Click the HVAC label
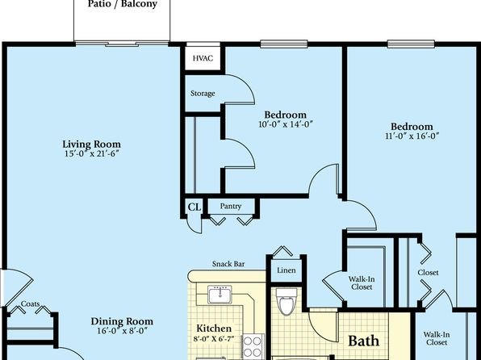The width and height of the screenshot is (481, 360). point(203,58)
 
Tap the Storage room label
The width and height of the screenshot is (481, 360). point(203,94)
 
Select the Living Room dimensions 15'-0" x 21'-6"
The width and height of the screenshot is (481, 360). point(91,153)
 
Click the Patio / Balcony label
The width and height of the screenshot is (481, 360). point(123,4)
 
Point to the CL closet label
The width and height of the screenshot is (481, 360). point(194,207)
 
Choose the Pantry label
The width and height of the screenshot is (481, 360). point(230,207)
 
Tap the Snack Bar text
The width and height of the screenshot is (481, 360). point(228,264)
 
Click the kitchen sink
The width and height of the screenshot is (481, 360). point(220,295)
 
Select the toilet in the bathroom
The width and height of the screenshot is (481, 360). point(287,301)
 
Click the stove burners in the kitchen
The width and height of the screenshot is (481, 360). point(253,346)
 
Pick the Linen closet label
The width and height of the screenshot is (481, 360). point(287,270)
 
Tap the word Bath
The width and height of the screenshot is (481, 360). point(363,341)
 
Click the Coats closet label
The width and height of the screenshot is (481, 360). point(30,303)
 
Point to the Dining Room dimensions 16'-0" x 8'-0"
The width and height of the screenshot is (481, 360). point(123,331)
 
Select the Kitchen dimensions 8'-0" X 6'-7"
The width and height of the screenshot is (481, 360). point(214,339)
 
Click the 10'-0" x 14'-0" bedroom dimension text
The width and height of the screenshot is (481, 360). point(286,124)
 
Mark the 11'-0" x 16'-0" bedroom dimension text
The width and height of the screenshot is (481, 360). point(412,136)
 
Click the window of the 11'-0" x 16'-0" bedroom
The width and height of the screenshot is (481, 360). point(411,44)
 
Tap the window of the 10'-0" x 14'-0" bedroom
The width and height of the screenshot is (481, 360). point(284,44)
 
